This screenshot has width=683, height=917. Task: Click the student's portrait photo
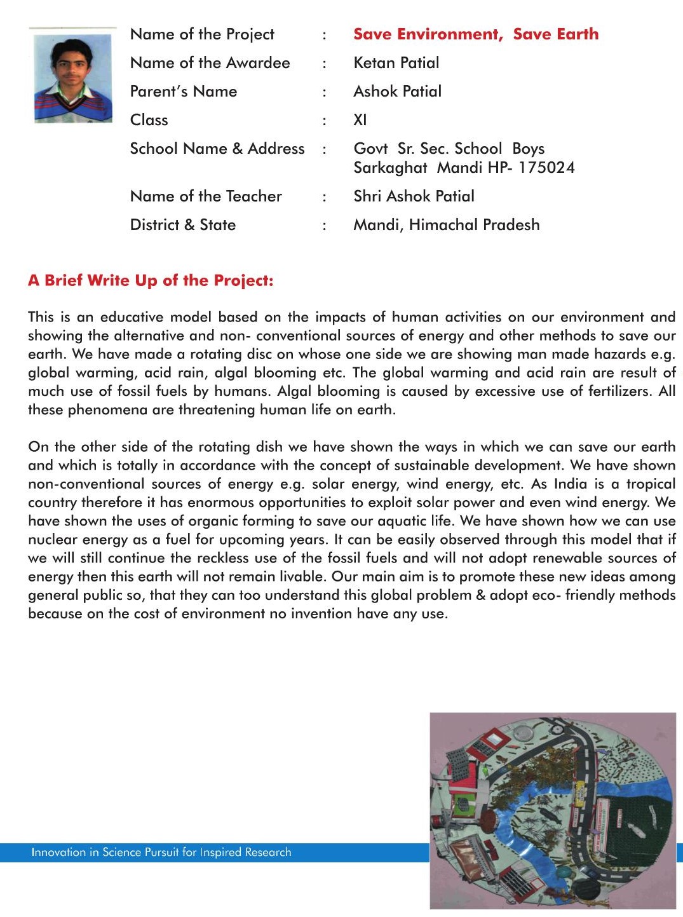click(72, 76)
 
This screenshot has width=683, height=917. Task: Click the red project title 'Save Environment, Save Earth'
click(476, 34)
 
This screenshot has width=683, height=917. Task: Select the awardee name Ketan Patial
click(396, 63)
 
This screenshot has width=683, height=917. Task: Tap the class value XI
click(360, 120)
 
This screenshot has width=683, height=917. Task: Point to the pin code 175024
click(546, 168)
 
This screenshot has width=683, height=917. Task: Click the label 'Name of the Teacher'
click(206, 196)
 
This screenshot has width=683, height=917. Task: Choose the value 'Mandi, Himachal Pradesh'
click(447, 225)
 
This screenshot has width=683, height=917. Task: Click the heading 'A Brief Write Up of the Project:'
click(151, 281)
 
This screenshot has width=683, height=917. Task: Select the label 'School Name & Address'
click(217, 149)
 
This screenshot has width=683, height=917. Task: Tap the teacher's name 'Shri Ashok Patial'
click(414, 196)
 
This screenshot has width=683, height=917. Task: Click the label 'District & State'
click(183, 225)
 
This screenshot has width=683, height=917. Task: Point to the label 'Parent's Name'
click(184, 92)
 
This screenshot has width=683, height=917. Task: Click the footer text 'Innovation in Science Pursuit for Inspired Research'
click(161, 852)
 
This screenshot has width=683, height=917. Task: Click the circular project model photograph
click(552, 810)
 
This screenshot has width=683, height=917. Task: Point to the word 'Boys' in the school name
click(528, 149)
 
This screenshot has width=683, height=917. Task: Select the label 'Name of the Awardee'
click(210, 63)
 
